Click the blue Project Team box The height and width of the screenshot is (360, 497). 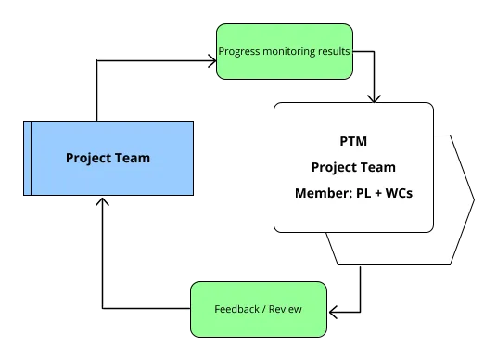click(108, 158)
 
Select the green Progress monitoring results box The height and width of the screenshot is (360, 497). click(283, 52)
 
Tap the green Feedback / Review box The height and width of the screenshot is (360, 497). click(259, 308)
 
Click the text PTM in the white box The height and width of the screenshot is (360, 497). click(353, 141)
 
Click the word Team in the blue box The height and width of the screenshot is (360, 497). click(130, 158)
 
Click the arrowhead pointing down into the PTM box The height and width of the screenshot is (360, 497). click(373, 96)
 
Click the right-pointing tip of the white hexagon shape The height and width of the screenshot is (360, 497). click(473, 200)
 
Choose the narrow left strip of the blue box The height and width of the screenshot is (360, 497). click(27, 158)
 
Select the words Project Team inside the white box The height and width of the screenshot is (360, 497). click(353, 167)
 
